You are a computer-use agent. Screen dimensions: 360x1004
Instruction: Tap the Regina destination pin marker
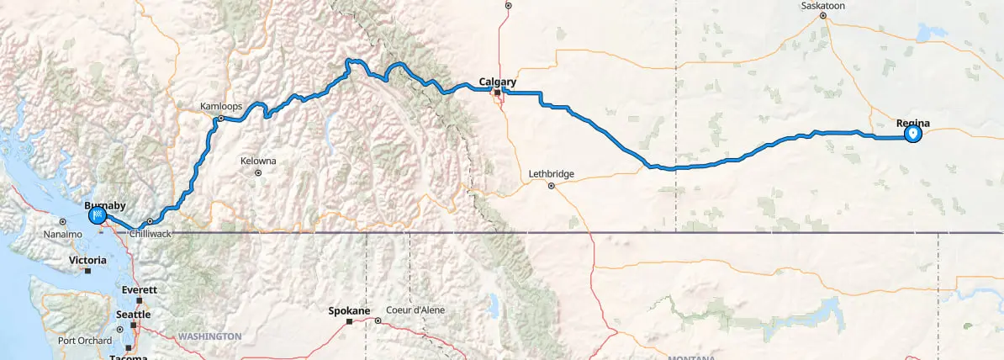pyautogui.click(x=912, y=134)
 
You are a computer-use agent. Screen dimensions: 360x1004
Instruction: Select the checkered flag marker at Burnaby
pyautogui.click(x=98, y=216)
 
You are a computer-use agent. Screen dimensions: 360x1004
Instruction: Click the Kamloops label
pyautogui.click(x=220, y=107)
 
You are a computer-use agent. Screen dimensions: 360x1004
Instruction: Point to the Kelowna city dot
pyautogui.click(x=258, y=173)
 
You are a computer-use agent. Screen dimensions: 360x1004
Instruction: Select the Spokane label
pyautogui.click(x=348, y=311)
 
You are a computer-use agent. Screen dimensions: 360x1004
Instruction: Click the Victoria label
pyautogui.click(x=87, y=261)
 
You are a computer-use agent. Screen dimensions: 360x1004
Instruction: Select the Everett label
pyautogui.click(x=140, y=289)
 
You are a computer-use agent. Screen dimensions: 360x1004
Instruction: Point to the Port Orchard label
pyautogui.click(x=84, y=341)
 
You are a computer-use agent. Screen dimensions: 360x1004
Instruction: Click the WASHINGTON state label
pyautogui.click(x=209, y=336)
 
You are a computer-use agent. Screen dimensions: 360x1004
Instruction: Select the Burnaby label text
pyautogui.click(x=104, y=204)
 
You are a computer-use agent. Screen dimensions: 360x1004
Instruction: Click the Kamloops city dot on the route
pyautogui.click(x=220, y=119)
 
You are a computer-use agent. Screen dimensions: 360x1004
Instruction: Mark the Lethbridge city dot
pyautogui.click(x=551, y=186)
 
